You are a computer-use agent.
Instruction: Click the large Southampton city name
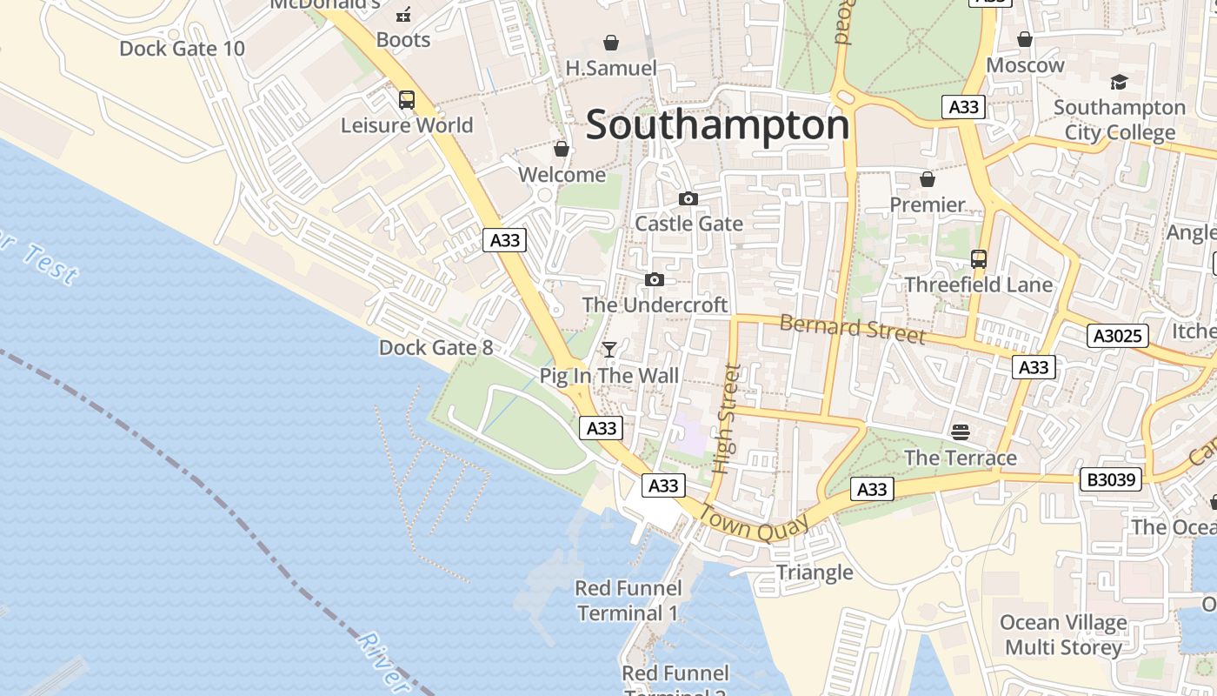717,125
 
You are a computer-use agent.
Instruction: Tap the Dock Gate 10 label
183,49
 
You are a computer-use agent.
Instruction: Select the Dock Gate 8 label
436,348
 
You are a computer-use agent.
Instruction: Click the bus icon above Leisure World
407,100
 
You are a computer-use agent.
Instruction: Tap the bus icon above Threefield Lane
979,259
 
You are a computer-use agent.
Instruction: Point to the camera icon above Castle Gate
688,199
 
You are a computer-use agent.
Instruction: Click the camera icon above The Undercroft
655,279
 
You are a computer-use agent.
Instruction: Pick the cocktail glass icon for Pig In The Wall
609,350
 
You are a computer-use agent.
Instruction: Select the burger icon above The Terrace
961,432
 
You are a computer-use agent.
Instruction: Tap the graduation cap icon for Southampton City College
1119,83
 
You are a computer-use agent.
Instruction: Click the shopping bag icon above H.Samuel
611,43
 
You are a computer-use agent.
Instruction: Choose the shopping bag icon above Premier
928,179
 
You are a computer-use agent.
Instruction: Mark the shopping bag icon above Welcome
562,150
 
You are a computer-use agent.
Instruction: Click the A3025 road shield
1117,336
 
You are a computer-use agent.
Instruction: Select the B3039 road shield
1110,479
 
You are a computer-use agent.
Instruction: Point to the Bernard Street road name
852,329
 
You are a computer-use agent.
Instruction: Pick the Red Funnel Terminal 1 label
627,600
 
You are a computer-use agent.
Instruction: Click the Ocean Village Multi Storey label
1063,635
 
